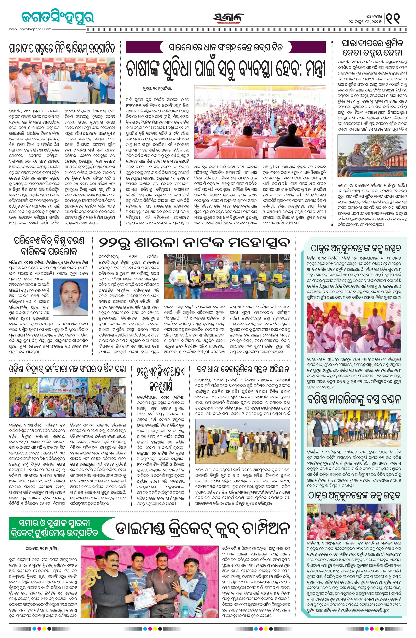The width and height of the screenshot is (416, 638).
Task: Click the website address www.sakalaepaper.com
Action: (x=30, y=29)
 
